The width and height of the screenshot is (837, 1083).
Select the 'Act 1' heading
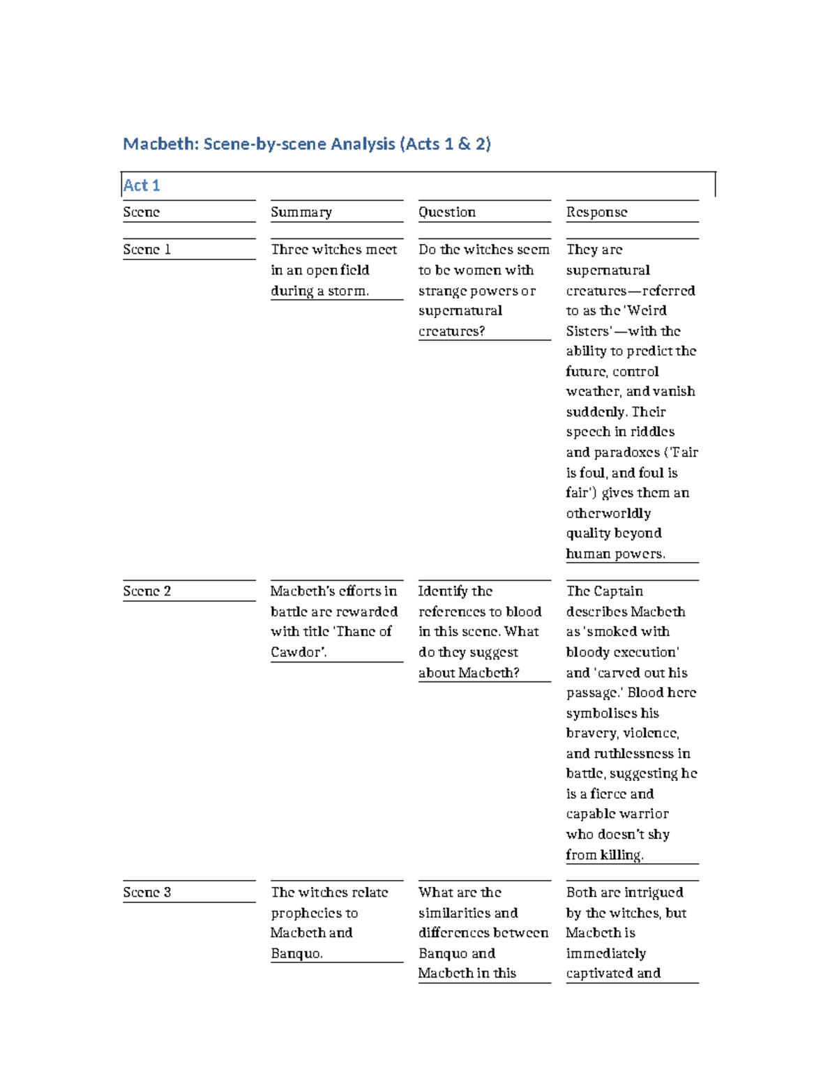click(x=142, y=185)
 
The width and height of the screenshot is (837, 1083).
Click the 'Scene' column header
click(x=142, y=212)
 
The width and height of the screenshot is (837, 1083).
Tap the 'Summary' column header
click(x=301, y=212)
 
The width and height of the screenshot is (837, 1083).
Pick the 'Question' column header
click(x=447, y=212)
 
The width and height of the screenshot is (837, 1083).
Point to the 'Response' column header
click(x=596, y=212)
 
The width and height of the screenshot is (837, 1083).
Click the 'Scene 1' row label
click(x=147, y=250)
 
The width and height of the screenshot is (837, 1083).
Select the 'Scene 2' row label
click(x=147, y=591)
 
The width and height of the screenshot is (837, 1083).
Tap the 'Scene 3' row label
click(x=147, y=893)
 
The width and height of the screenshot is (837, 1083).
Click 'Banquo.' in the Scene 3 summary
click(x=296, y=953)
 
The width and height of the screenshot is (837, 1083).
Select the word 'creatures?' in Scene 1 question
click(x=451, y=331)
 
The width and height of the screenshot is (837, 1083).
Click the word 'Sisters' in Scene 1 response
click(x=587, y=331)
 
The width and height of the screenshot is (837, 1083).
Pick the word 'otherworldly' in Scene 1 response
click(x=608, y=513)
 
